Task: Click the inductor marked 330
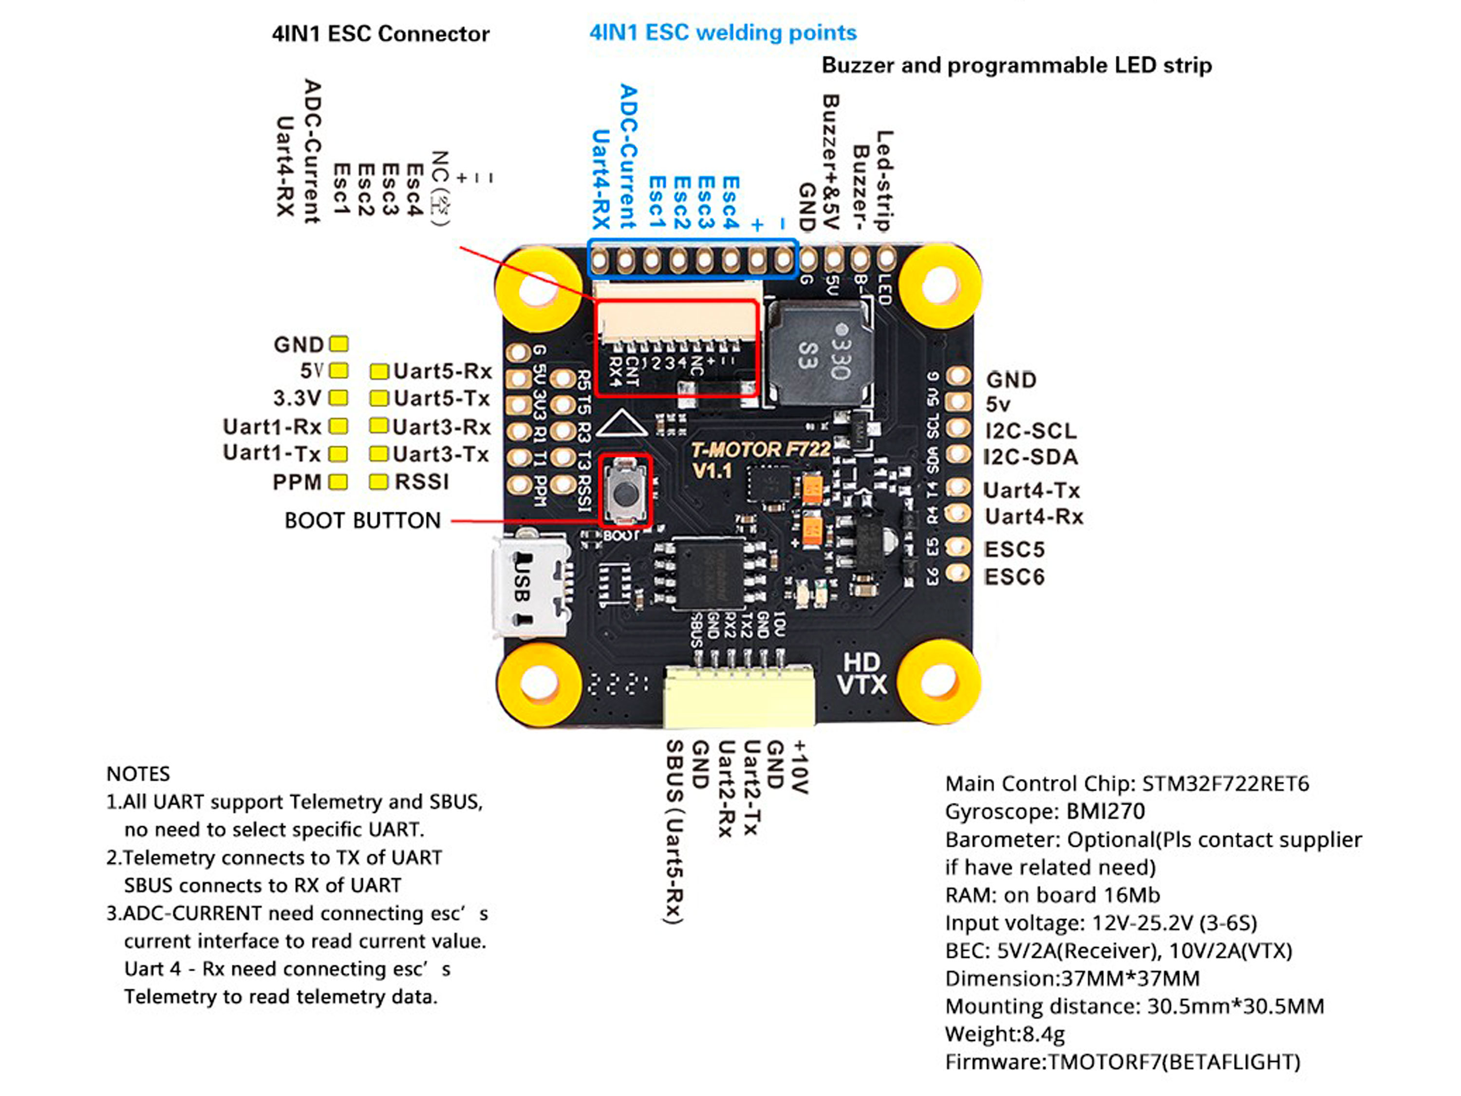(819, 353)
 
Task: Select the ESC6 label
(1014, 577)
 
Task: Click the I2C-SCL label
(1030, 431)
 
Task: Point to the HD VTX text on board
(862, 673)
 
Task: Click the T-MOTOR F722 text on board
(760, 450)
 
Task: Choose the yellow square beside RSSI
(378, 482)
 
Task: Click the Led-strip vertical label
(884, 180)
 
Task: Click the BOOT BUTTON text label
(362, 520)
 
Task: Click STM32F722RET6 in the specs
(1225, 784)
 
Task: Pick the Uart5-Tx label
(441, 399)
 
